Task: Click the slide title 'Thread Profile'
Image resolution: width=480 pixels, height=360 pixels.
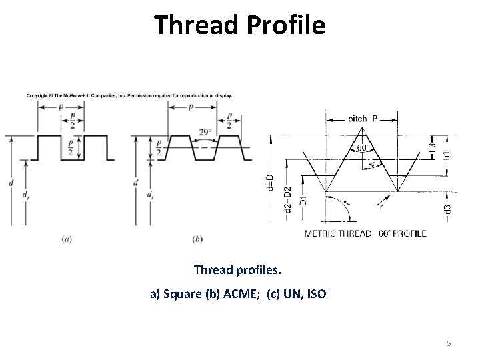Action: pyautogui.click(x=240, y=25)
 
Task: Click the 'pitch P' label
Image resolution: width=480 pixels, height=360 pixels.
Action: pyautogui.click(x=363, y=119)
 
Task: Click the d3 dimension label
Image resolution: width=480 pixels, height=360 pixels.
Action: pyautogui.click(x=447, y=209)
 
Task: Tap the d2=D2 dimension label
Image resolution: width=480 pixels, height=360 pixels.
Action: pyautogui.click(x=287, y=198)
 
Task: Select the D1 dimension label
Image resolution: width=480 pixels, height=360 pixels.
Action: pyautogui.click(x=303, y=199)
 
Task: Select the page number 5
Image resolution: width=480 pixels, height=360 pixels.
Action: pyautogui.click(x=449, y=343)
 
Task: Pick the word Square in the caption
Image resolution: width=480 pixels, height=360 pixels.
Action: pyautogui.click(x=180, y=294)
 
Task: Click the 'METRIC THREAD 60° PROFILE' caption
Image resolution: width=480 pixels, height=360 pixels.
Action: pyautogui.click(x=365, y=234)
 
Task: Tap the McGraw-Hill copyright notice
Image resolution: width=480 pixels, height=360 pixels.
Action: pyautogui.click(x=129, y=95)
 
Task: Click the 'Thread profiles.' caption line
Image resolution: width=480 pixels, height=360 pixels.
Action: pyautogui.click(x=238, y=271)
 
